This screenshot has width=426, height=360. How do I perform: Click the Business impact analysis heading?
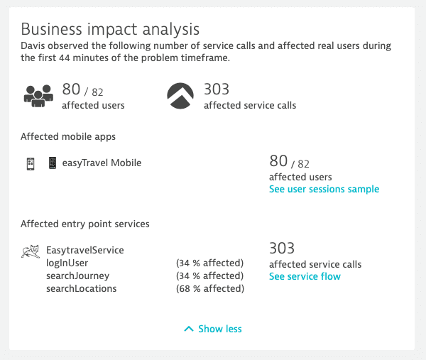pos(110,29)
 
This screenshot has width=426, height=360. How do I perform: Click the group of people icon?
pos(38,96)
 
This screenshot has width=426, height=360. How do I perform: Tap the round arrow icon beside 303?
pos(180,96)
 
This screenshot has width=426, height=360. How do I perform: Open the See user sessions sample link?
pos(324,189)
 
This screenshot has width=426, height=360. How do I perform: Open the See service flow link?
pos(305,276)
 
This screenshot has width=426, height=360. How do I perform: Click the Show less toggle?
pos(213,329)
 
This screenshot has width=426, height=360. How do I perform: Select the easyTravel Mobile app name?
pos(102,163)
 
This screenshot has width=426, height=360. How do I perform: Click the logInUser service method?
pos(67,263)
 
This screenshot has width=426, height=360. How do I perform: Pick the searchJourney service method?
pos(77,276)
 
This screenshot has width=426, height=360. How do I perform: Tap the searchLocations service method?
pos(81,288)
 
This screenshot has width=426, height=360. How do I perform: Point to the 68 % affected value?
pos(210,288)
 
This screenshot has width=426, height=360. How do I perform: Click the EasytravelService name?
pos(85,250)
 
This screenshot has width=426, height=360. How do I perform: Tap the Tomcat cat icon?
pos(31,251)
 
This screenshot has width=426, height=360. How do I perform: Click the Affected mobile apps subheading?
pos(68,136)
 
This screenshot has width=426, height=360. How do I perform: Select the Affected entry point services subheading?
pos(85,224)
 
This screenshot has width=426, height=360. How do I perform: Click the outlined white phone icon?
pos(31,164)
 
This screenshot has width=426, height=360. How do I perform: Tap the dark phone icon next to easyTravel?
pos(53,163)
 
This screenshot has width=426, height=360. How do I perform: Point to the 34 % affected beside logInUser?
pos(209,263)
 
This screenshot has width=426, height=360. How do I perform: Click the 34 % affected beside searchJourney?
pos(209,276)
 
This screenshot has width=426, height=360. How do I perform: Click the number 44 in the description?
pos(65,58)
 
